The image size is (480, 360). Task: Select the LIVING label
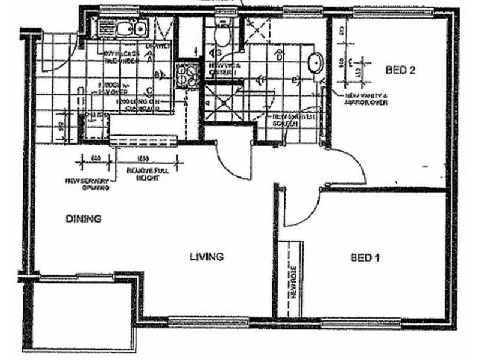pos(206,257)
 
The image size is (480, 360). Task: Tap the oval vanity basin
pos(314,62)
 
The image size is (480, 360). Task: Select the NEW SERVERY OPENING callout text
pos(88,184)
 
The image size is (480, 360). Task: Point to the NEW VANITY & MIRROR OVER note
pos(367,99)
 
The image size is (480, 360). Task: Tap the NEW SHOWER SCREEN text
pos(286,120)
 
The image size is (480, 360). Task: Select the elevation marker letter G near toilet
pos(211,53)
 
